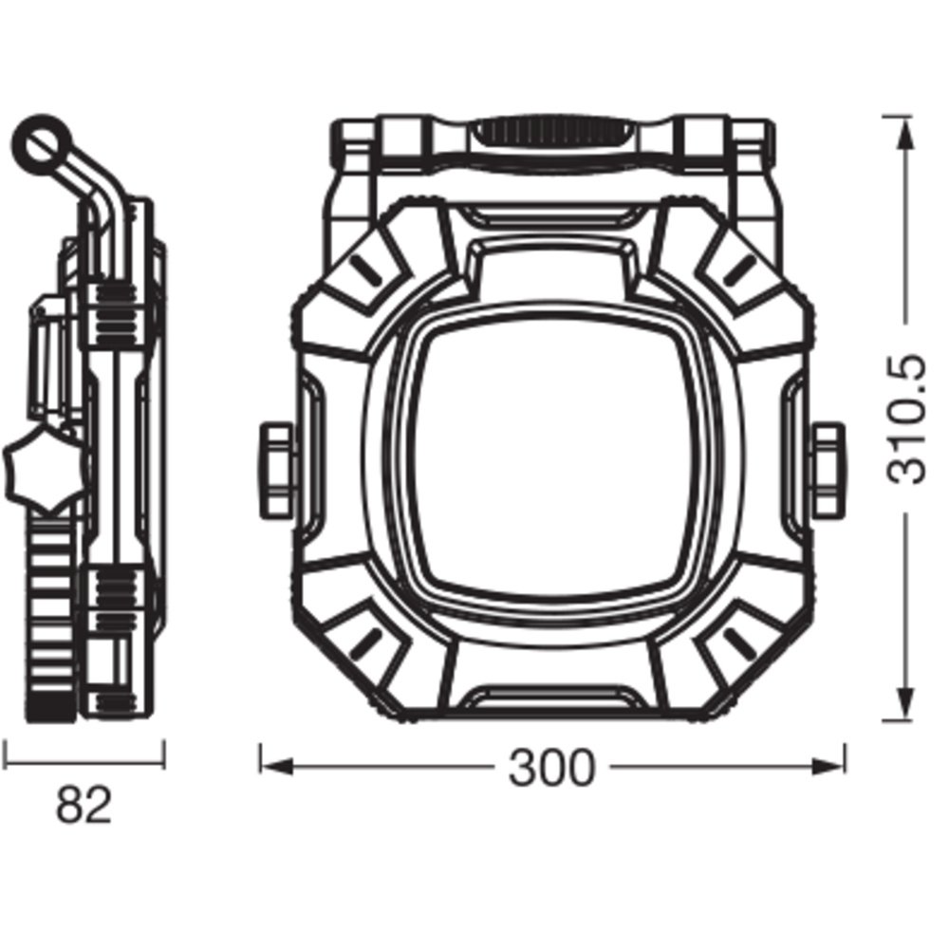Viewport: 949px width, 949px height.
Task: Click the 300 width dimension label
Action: [x=551, y=768]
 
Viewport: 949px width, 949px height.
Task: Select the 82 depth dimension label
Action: [x=84, y=805]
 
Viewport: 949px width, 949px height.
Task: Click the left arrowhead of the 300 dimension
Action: [x=276, y=767]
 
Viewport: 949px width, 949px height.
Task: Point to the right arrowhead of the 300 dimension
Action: [x=828, y=767]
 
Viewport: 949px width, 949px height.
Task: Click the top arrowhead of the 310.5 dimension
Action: [x=905, y=133]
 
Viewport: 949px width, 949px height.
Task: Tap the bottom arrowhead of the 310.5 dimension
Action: [x=905, y=703]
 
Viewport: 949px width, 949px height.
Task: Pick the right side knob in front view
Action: [x=827, y=471]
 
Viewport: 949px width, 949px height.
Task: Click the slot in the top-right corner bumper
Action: [x=738, y=270]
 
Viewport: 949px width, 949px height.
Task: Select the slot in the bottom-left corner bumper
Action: [x=365, y=643]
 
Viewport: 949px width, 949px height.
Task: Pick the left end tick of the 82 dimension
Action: [x=5, y=754]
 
